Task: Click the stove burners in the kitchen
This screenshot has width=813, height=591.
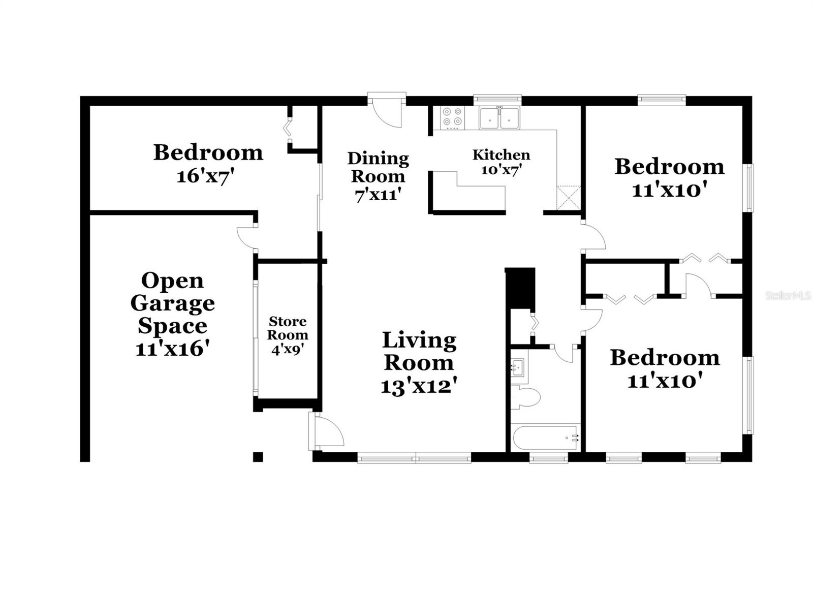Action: [x=452, y=116]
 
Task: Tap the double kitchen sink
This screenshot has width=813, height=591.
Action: [x=499, y=118]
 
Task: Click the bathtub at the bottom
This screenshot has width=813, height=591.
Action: [x=546, y=437]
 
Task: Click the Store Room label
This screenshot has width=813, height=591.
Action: [x=288, y=328]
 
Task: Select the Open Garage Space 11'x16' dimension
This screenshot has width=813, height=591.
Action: [x=173, y=349]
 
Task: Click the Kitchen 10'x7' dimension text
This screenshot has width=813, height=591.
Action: [x=501, y=169]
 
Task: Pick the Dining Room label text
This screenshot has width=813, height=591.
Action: [x=378, y=167]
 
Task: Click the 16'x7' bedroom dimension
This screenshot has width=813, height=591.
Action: [x=208, y=176]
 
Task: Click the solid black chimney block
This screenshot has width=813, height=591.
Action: [x=520, y=287]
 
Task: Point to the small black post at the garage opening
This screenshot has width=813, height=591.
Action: [x=258, y=456]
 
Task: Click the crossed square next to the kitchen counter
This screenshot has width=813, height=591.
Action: [x=568, y=198]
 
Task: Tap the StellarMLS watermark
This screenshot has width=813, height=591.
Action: [x=788, y=295]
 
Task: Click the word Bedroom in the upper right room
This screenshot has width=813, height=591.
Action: [x=669, y=166]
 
